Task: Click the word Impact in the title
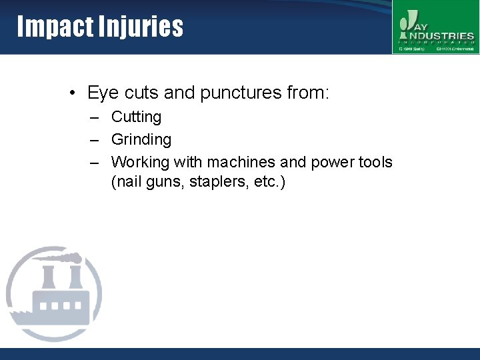pos(55,27)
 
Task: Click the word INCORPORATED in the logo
pos(437,41)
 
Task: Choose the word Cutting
pos(136,117)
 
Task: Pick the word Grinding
pos(141,139)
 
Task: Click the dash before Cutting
pos(97,117)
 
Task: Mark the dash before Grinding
pos(97,140)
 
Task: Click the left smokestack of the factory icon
pos(49,277)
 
